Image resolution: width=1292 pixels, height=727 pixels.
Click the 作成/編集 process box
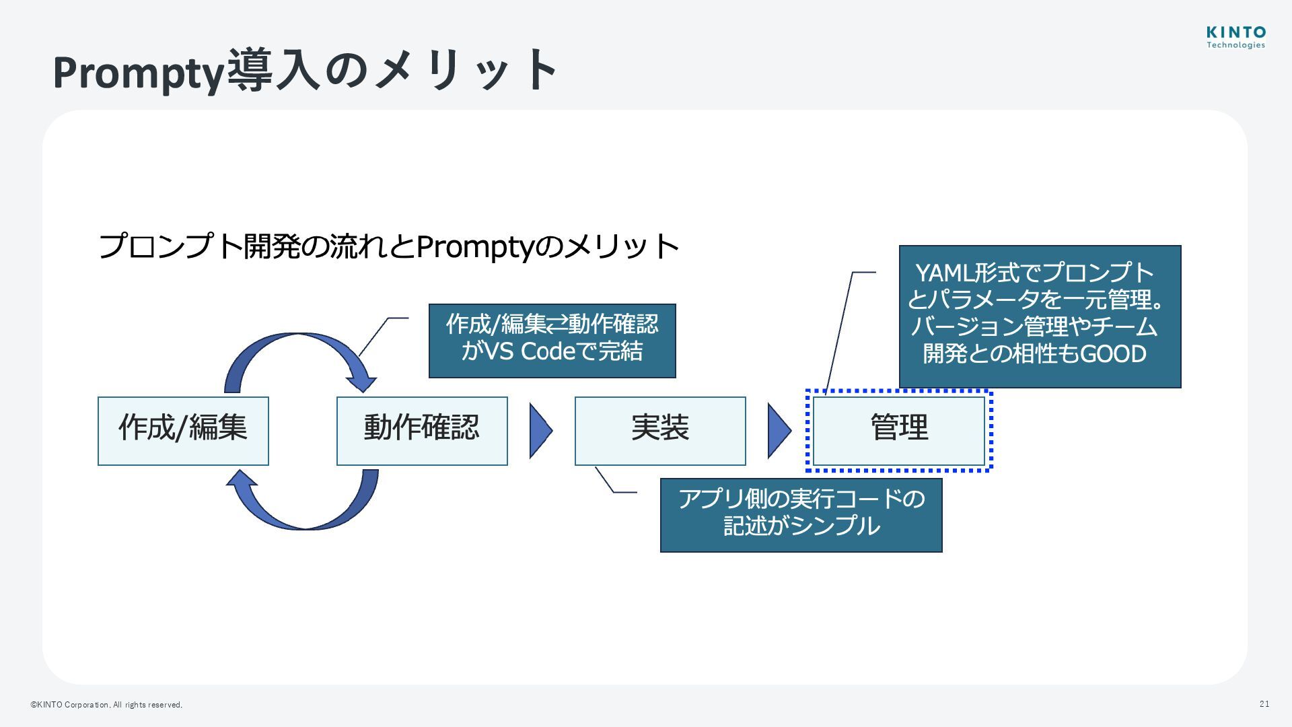(183, 431)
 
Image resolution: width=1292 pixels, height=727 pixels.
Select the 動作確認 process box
(422, 431)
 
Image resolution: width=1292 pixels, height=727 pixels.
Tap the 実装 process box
(660, 431)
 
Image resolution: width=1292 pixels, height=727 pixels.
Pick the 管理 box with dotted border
(899, 431)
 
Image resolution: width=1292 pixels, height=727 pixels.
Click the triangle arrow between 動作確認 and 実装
(540, 431)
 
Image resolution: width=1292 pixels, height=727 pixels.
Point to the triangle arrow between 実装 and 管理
(779, 431)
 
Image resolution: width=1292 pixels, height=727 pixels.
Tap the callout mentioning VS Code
(552, 341)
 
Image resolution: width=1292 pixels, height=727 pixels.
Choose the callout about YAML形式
(1040, 316)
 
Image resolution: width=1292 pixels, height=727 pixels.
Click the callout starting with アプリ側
(801, 515)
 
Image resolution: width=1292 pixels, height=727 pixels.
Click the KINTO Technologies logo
(1235, 38)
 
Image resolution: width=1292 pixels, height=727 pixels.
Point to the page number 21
(1264, 704)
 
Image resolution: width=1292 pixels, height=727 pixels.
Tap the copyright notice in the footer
(106, 705)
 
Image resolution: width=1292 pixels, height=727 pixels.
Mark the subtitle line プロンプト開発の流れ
(388, 246)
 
